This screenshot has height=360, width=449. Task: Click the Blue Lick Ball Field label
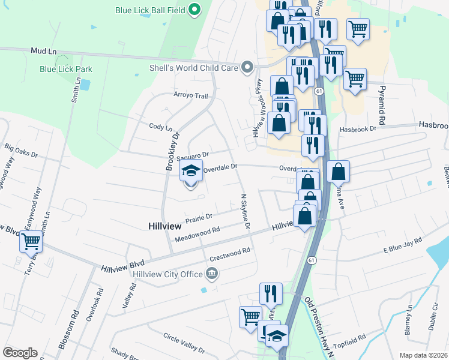[x=150, y=10]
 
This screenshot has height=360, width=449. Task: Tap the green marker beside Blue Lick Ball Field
[x=194, y=10]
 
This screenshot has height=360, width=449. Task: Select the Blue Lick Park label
[x=66, y=69]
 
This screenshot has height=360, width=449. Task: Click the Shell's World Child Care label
[x=194, y=68]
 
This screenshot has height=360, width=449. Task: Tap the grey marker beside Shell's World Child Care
[x=247, y=68]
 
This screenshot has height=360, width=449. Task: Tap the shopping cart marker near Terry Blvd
[x=31, y=242]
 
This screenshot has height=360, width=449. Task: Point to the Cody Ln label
[x=160, y=127]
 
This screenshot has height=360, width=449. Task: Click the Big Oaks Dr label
[x=21, y=146]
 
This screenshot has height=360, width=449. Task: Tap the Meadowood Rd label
[x=197, y=234]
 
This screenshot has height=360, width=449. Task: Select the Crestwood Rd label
[x=229, y=255]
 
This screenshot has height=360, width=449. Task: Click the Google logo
[x=20, y=352]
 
